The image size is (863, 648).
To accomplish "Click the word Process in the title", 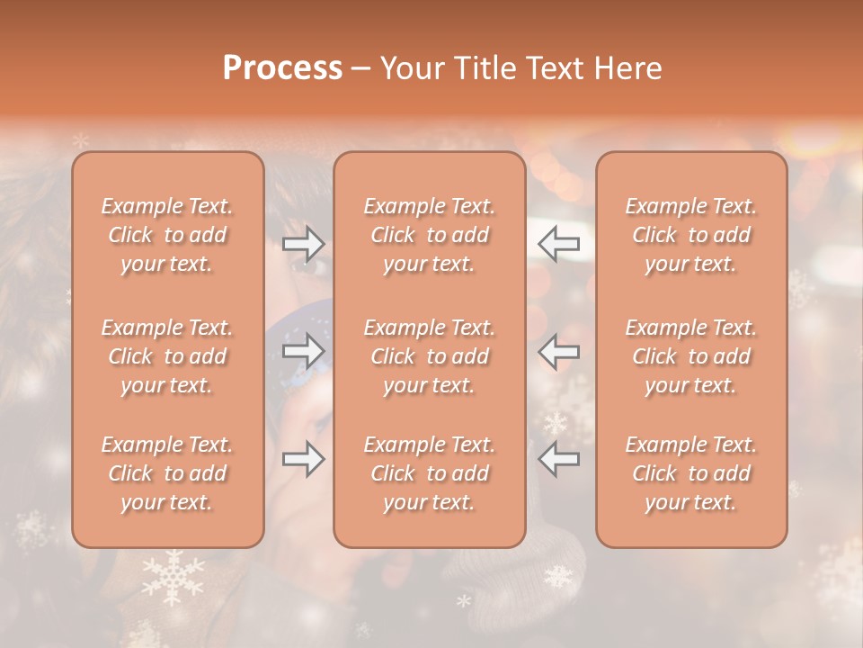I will coord(282,67).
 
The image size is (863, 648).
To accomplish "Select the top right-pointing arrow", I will coord(303,242).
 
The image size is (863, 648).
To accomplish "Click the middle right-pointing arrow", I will coord(303,351).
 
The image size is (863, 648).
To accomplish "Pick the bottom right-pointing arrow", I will coord(303,459).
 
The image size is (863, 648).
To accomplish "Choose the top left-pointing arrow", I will coord(559,242).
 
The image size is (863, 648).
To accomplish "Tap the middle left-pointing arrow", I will coord(559,351).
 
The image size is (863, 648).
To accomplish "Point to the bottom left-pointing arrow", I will coord(559,459).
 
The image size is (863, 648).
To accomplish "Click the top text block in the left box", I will coord(167,235).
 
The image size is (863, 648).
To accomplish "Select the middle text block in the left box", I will coord(167,356).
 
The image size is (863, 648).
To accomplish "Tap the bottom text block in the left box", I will coord(167,473).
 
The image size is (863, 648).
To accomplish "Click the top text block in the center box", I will coord(430,235).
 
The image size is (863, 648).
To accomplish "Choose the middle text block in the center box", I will coord(430,356).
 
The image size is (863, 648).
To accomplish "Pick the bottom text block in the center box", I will coord(430,473).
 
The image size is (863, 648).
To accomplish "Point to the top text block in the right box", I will coord(691,235).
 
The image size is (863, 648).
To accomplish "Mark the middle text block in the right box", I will coord(691,356).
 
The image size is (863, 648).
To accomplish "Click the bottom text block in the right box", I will coord(691,473).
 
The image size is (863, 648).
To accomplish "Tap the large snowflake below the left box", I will coord(173,577).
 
